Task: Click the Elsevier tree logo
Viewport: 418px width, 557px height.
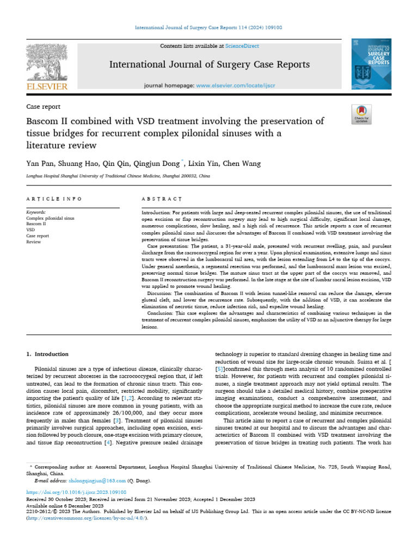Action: (47, 62)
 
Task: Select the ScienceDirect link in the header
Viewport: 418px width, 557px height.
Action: (243, 46)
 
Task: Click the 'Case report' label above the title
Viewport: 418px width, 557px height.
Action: (44, 107)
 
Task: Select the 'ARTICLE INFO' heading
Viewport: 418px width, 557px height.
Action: (54, 199)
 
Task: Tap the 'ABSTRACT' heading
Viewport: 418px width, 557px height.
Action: (162, 199)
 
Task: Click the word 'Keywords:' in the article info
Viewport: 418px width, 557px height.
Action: (36, 212)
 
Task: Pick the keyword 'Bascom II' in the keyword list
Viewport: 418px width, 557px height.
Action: (36, 224)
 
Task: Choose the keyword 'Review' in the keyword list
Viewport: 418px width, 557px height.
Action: (34, 242)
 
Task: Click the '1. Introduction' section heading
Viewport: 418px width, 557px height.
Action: (48, 354)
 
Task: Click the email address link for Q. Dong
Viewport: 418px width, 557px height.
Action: (89, 481)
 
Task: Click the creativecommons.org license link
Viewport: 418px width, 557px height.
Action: (87, 518)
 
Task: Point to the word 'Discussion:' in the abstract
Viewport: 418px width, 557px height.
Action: (161, 293)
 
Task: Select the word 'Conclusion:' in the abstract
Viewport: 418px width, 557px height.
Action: (161, 313)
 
